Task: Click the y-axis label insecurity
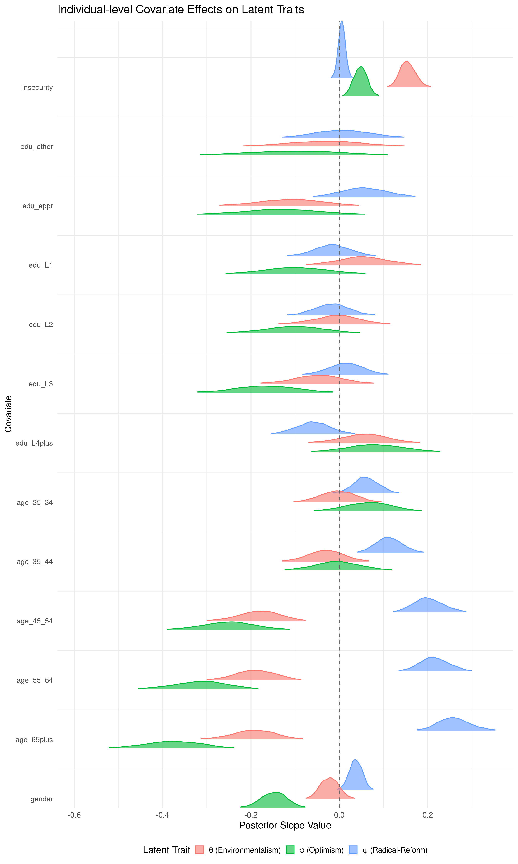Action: (37, 87)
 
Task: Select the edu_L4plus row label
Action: (34, 443)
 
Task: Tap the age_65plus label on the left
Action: (34, 740)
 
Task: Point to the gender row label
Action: (42, 799)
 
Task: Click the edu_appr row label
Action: (38, 206)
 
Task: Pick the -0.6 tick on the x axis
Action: (74, 815)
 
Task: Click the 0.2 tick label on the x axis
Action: (428, 815)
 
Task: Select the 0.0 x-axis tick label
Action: (339, 815)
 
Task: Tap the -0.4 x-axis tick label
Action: (162, 815)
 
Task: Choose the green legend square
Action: (290, 850)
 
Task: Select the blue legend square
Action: (353, 850)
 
